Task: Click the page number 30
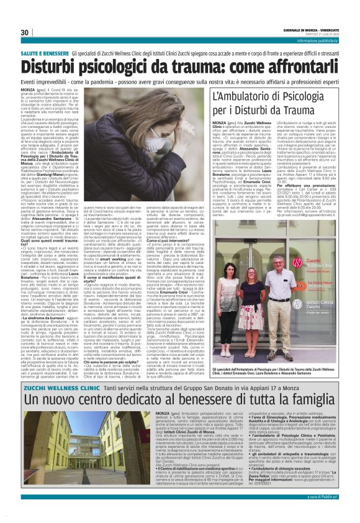click(x=25, y=32)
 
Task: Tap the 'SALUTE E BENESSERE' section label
click(x=48, y=54)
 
